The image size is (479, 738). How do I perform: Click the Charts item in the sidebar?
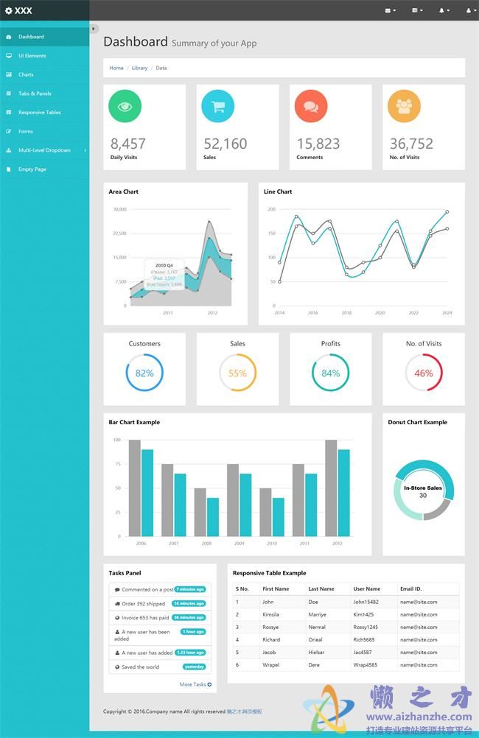pos(26,74)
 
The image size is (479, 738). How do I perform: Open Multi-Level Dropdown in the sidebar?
pos(44,150)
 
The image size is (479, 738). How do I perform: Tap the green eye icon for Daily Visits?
pos(125,106)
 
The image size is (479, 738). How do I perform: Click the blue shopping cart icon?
pos(218,106)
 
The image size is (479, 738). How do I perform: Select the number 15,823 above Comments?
pos(318,144)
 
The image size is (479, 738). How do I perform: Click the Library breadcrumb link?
pos(139,68)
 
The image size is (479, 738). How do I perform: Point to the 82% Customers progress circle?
pos(144,373)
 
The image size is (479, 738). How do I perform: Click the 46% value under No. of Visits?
pos(424,373)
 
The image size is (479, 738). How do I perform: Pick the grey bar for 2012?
pos(331,488)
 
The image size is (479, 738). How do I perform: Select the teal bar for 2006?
pos(147,492)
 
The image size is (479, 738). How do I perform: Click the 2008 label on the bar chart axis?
pos(206,544)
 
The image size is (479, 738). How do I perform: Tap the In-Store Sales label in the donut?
pos(423,488)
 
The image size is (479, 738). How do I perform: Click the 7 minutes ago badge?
pos(190,589)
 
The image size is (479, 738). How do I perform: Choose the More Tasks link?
pos(195,684)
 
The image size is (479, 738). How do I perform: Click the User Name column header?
pos(366,588)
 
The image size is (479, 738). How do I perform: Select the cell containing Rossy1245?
pos(366,627)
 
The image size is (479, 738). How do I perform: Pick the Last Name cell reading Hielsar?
pos(317,652)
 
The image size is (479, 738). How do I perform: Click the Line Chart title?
pos(278,191)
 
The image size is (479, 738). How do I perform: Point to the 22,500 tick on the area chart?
pos(119,233)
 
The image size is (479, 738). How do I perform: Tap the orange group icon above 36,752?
pos(404,106)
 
